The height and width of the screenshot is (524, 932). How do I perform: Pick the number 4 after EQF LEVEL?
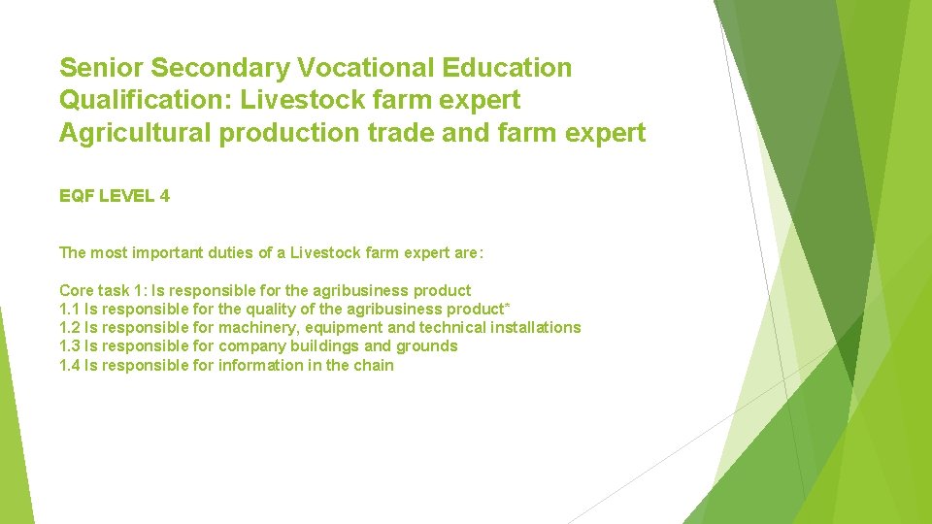click(165, 196)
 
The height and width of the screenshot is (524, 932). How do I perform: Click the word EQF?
click(77, 196)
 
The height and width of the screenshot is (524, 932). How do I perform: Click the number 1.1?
click(70, 309)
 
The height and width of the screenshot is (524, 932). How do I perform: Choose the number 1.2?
click(70, 327)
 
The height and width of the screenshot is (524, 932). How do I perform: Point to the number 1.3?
click(70, 345)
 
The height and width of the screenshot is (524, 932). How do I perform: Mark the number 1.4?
click(70, 365)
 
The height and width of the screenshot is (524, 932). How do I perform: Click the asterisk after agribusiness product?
click(508, 307)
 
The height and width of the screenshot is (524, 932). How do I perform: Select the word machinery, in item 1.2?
click(258, 328)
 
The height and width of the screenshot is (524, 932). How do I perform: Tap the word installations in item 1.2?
click(535, 327)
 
